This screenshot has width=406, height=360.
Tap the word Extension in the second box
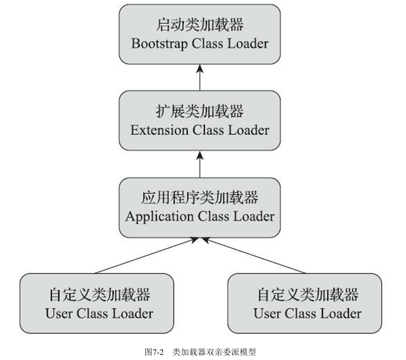tap(158, 130)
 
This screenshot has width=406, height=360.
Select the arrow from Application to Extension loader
tap(200, 164)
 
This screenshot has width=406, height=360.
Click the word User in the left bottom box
tap(59, 314)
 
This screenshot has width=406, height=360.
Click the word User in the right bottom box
tap(267, 314)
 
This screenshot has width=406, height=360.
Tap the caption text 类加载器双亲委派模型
tap(214, 351)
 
